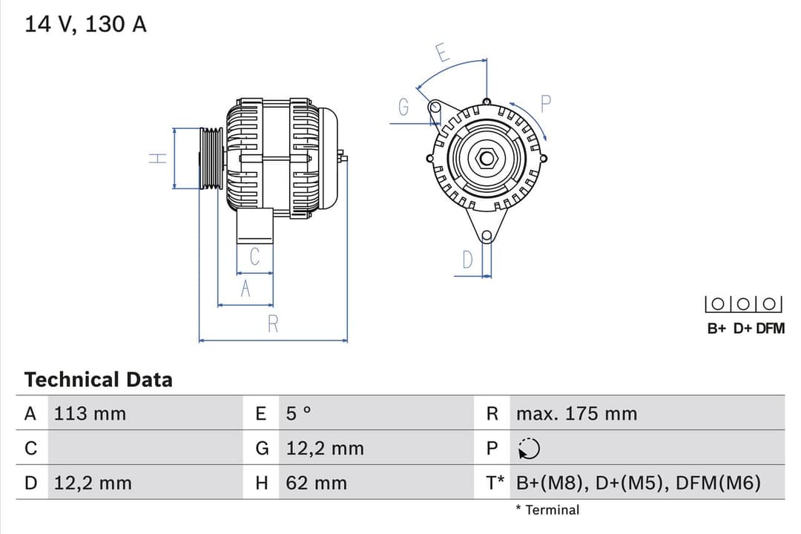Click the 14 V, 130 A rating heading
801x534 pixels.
pyautogui.click(x=86, y=24)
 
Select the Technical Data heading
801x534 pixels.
pyautogui.click(x=98, y=380)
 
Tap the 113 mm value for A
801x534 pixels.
pyautogui.click(x=90, y=414)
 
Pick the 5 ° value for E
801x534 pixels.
pyautogui.click(x=299, y=414)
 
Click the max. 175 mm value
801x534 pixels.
pyautogui.click(x=576, y=414)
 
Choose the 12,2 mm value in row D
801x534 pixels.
pyautogui.click(x=93, y=484)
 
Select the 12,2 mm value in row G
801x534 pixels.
pyautogui.click(x=325, y=449)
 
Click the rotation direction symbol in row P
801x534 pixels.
pyautogui.click(x=530, y=449)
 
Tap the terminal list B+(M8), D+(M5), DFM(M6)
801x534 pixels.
pyautogui.click(x=639, y=484)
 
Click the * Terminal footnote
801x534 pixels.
pyautogui.click(x=547, y=510)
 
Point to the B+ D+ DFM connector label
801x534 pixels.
pyautogui.click(x=745, y=329)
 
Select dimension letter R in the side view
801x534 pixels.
pyautogui.click(x=273, y=324)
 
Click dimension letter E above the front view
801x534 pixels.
pyautogui.click(x=442, y=53)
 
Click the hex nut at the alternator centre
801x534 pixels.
pyautogui.click(x=487, y=158)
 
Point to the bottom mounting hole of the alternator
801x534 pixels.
pyautogui.click(x=487, y=237)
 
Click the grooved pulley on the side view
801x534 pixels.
pyautogui.click(x=211, y=159)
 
